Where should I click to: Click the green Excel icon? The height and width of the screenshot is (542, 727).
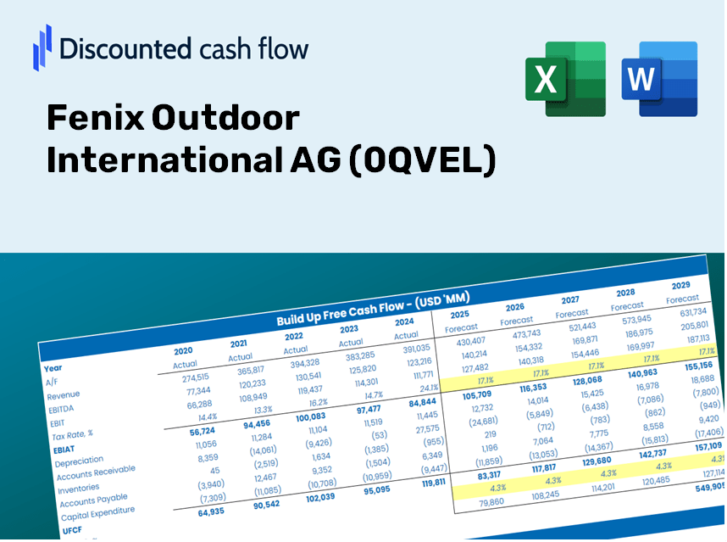[x=565, y=79]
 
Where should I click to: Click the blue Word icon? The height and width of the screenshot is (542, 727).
[x=659, y=79]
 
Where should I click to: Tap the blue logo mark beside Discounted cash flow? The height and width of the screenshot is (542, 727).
[x=42, y=47]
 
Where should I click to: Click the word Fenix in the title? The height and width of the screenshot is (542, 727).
[x=93, y=118]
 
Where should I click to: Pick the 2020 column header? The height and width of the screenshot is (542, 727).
[x=183, y=351]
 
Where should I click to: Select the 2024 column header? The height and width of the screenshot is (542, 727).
[x=405, y=321]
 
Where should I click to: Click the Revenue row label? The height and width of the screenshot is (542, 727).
[x=63, y=395]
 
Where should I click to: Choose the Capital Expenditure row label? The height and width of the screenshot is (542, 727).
[x=97, y=514]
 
